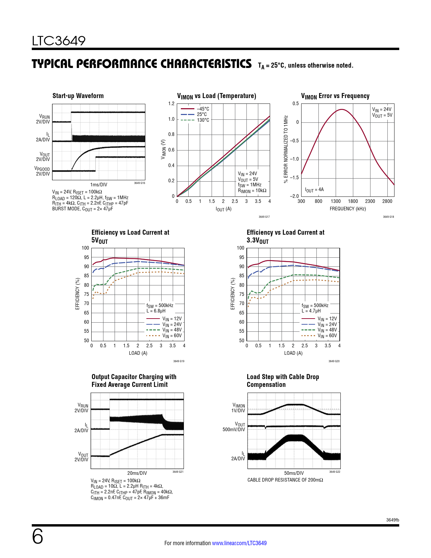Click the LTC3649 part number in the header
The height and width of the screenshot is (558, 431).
click(x=59, y=41)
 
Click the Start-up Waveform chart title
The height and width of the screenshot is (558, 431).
click(x=78, y=96)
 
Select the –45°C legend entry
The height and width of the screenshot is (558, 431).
click(x=203, y=109)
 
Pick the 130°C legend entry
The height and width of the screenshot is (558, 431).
click(x=203, y=120)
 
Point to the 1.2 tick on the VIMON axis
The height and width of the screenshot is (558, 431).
click(x=171, y=104)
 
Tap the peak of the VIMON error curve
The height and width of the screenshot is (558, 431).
click(x=342, y=109)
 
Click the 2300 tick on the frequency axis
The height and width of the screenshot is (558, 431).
click(x=370, y=201)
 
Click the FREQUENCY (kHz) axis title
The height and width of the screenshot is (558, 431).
click(x=348, y=209)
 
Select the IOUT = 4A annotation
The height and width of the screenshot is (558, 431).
click(x=314, y=190)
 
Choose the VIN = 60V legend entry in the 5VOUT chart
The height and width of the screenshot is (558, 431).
click(x=172, y=336)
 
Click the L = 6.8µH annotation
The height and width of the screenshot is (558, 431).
click(x=156, y=311)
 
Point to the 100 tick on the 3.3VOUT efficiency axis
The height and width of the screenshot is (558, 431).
click(x=240, y=248)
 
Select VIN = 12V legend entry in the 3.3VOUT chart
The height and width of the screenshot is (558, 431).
click(x=327, y=319)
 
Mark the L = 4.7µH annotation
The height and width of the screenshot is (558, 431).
click(x=311, y=311)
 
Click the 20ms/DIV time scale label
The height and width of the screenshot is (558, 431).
click(x=137, y=473)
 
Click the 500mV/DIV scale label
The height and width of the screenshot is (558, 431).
click(x=234, y=429)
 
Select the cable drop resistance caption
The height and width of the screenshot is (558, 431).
click(x=285, y=480)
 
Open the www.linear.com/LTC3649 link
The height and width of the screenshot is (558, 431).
click(x=239, y=543)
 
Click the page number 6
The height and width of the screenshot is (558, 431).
click(x=38, y=537)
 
